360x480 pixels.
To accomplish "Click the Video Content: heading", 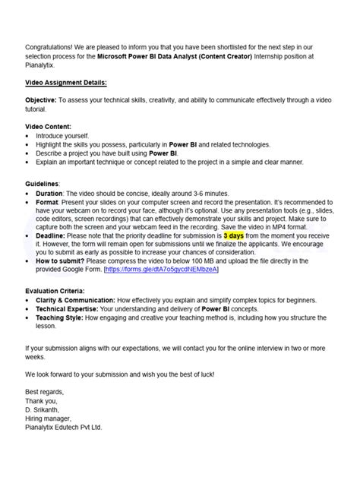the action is point(49,126).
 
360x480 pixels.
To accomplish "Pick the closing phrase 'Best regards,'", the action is point(45,393).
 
